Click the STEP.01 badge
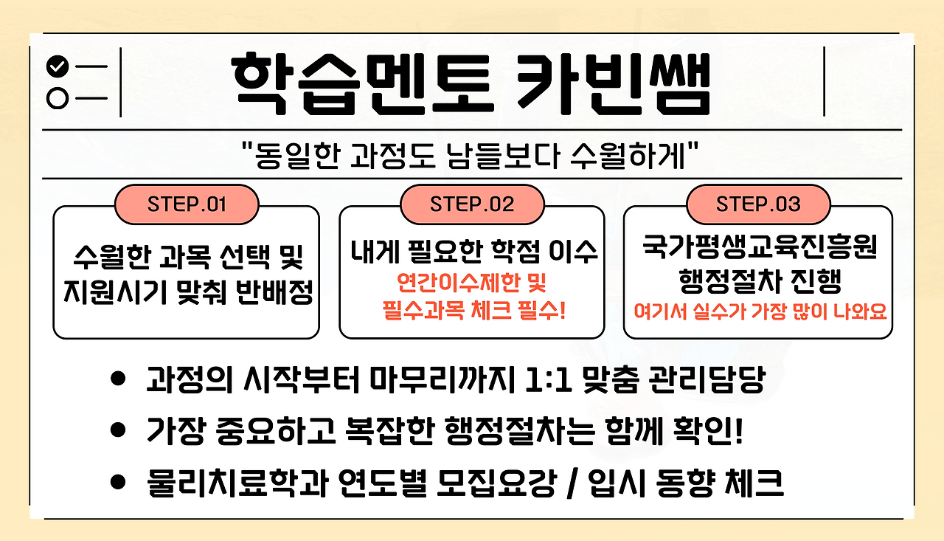[x=187, y=204]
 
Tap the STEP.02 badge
[x=472, y=204]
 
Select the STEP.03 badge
[x=758, y=204]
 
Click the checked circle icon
[x=58, y=66]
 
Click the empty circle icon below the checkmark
[x=58, y=98]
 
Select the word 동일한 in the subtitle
[x=297, y=155]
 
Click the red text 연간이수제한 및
[x=472, y=283]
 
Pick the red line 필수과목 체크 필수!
[x=473, y=310]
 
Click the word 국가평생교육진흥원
[x=760, y=247]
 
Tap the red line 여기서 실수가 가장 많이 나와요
[x=760, y=311]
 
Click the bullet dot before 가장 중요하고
[x=118, y=430]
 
